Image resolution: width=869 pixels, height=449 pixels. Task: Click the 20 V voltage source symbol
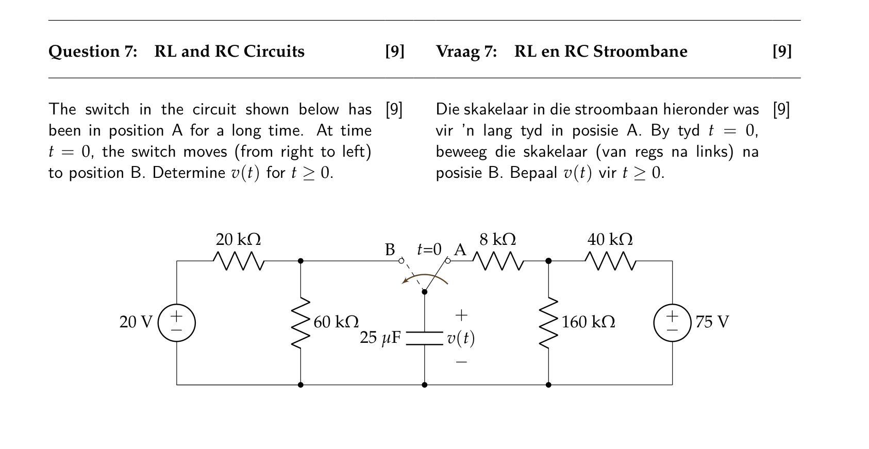coord(177,323)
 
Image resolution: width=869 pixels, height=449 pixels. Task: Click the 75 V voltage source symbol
coord(672,323)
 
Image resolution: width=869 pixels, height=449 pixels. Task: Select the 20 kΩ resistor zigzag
coord(239,261)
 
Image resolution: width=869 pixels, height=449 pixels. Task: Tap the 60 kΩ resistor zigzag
coord(300,323)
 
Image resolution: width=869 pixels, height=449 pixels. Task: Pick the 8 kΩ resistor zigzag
coord(498,261)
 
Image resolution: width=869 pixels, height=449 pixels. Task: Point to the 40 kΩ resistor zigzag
coord(610,261)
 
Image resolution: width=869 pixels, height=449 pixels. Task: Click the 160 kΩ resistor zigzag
coord(548,323)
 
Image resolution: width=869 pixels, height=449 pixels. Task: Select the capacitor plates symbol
coord(424,338)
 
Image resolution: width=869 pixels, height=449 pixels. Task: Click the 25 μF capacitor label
coord(380,338)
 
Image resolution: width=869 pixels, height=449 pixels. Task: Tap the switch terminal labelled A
coord(447,261)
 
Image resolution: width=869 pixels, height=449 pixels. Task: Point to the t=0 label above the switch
coord(429,250)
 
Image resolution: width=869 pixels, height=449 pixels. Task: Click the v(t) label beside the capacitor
coord(461,338)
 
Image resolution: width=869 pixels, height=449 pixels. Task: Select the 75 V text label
coord(712,322)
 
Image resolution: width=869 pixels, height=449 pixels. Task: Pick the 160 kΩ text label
coord(588,322)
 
